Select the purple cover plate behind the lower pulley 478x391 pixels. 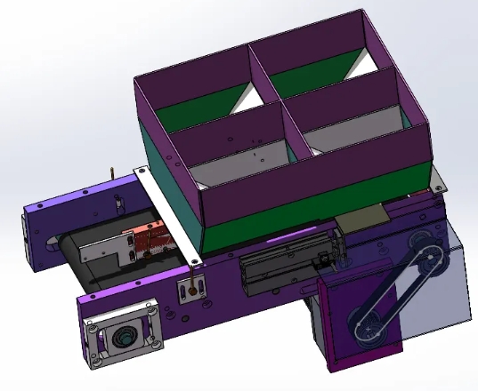click(x=343, y=320)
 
